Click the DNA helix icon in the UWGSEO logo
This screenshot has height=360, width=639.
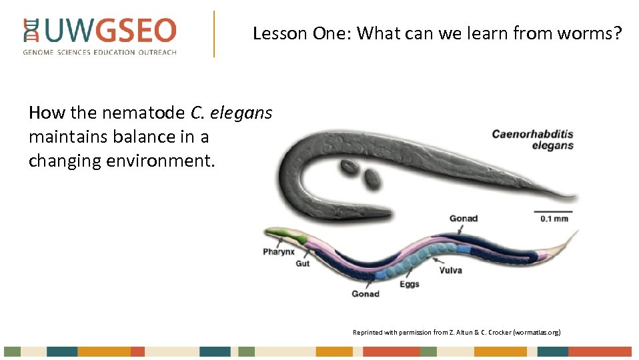31,31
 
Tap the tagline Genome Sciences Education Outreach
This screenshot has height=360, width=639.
100,52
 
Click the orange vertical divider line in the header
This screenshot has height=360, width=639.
214,33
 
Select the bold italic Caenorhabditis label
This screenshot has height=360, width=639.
532,133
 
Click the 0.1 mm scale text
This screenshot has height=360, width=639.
554,218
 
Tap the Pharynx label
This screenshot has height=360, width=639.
279,251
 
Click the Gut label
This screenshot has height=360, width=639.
303,263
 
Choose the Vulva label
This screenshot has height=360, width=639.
450,270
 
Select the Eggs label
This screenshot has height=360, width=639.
410,284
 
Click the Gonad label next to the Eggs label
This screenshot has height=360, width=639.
366,293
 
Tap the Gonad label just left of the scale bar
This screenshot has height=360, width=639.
463,218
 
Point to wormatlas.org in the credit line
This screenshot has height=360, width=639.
537,331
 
